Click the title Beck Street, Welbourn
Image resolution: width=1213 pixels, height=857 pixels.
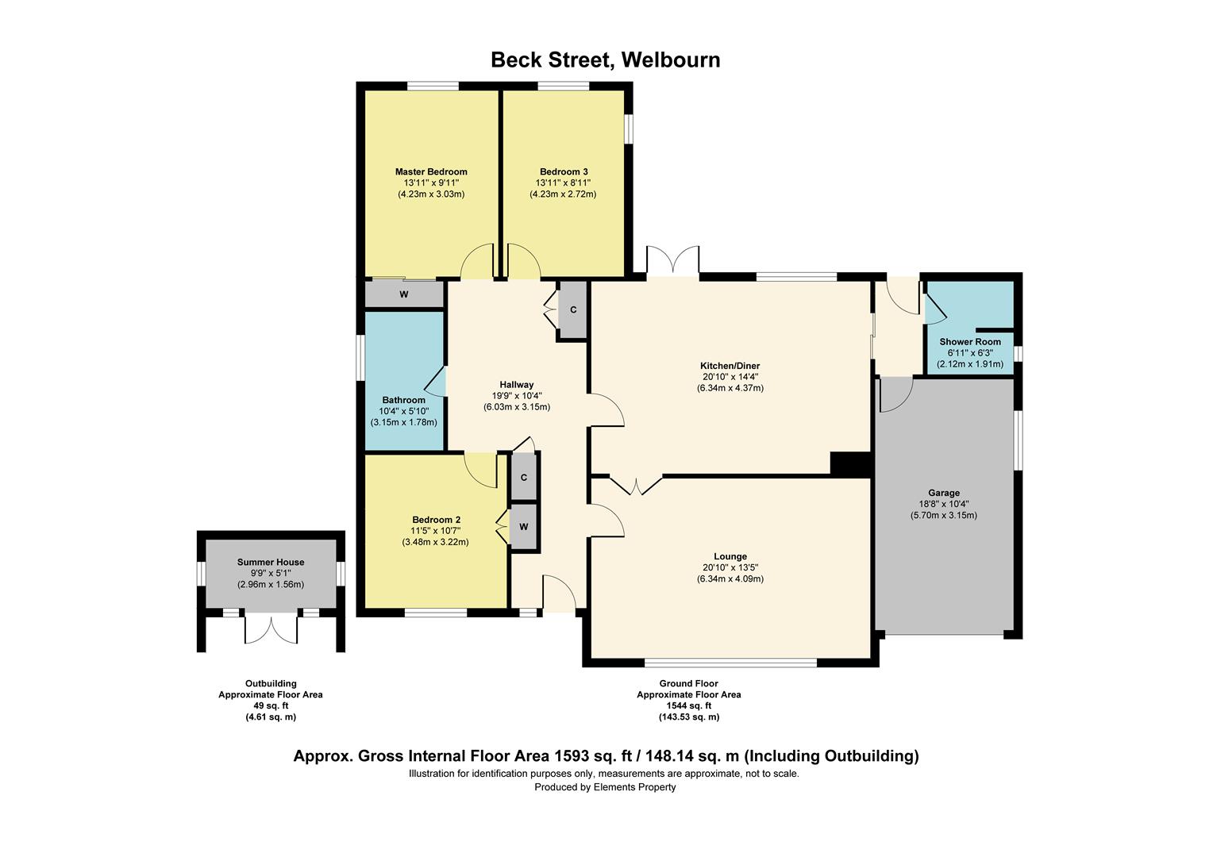(x=605, y=60)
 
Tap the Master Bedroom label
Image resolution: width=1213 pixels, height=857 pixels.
(x=431, y=171)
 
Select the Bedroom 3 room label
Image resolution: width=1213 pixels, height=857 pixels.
(x=564, y=171)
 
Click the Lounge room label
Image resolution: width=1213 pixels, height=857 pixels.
(x=730, y=556)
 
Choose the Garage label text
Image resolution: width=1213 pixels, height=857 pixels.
(x=944, y=493)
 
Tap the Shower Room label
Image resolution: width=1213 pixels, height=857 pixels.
(x=970, y=342)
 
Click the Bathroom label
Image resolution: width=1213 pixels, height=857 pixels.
(x=403, y=400)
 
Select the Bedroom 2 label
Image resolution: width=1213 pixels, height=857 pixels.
(x=436, y=520)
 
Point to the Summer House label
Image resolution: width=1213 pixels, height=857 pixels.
(x=271, y=562)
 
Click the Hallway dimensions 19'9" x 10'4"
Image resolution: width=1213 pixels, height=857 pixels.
(x=517, y=396)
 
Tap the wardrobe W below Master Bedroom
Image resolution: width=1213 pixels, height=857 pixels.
(x=404, y=295)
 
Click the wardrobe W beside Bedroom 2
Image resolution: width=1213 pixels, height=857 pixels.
(x=524, y=527)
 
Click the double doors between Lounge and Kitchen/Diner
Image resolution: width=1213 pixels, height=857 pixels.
(x=637, y=485)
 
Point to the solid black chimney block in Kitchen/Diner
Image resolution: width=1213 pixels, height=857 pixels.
(x=851, y=463)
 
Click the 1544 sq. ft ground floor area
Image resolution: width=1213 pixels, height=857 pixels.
(x=688, y=705)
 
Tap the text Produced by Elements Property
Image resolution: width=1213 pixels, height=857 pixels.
(x=605, y=787)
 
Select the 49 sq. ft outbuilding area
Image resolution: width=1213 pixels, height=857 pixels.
(x=271, y=705)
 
